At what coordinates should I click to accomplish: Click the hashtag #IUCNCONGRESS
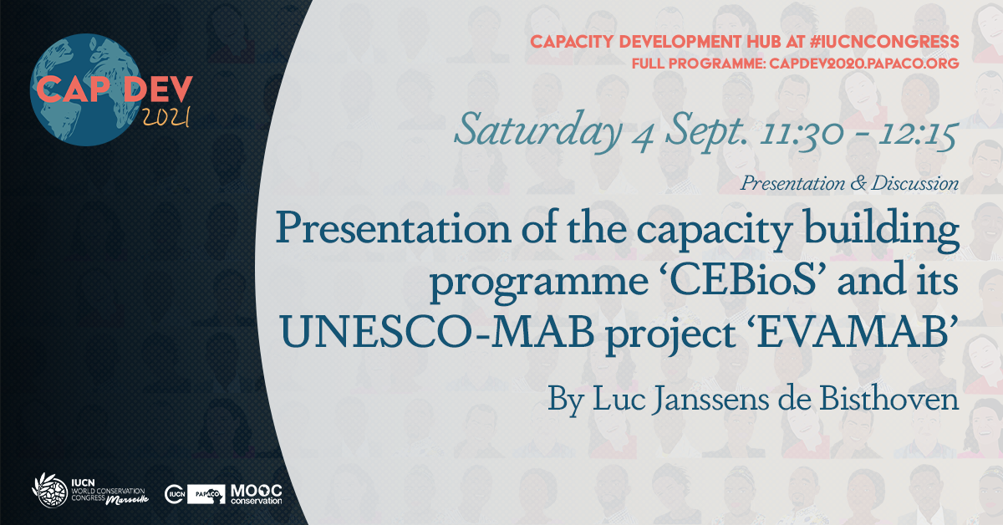(884, 42)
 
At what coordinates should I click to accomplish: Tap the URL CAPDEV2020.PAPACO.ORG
(864, 64)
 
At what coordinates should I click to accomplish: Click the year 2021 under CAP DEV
(166, 117)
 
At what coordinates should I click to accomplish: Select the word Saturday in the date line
(538, 130)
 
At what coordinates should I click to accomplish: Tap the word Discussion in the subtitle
(915, 183)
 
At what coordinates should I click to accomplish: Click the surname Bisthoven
(888, 399)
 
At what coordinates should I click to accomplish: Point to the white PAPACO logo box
(206, 494)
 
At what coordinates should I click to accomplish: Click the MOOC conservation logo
(256, 494)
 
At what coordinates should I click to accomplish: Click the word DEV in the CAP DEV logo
(158, 89)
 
